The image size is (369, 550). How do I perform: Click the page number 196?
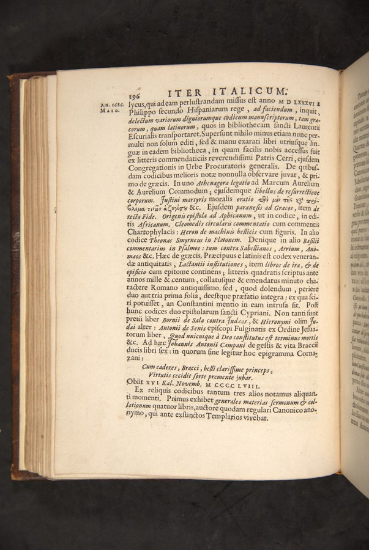(135, 95)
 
